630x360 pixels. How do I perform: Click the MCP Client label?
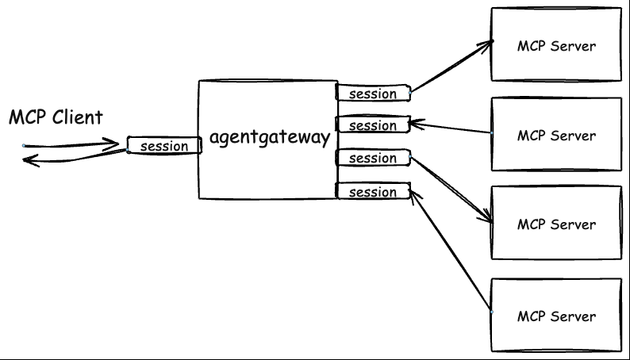[x=56, y=118]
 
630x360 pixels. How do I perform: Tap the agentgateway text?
[x=269, y=138]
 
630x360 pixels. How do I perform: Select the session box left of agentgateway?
[x=164, y=146]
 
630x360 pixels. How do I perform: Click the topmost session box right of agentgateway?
[x=372, y=94]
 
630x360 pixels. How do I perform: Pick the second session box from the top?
[x=372, y=125]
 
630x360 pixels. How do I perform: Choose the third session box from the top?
[x=372, y=158]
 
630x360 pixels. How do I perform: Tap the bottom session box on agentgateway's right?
[x=372, y=192]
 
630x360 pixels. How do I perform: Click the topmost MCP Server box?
[x=556, y=45]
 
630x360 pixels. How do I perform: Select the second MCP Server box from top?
[x=556, y=136]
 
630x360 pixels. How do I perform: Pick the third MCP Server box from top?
[x=556, y=224]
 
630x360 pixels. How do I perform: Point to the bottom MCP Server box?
[x=556, y=316]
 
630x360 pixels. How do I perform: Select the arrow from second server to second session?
[x=451, y=128]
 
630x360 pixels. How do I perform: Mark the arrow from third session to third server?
[x=451, y=190]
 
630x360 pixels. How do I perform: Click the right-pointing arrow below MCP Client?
[x=71, y=145]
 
